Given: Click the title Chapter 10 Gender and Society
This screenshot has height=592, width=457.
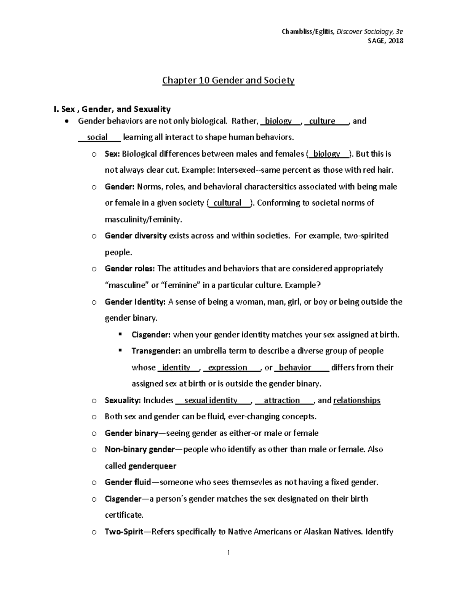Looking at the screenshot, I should [x=228, y=80].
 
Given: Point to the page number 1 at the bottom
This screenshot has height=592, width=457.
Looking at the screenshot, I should [x=228, y=552].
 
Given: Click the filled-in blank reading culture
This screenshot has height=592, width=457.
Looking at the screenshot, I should [x=322, y=121].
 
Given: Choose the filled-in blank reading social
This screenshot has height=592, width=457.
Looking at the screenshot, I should [x=97, y=137].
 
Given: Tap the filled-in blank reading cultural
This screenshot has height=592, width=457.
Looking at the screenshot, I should [x=227, y=203].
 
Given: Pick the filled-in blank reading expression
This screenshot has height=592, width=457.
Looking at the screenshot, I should [x=228, y=367].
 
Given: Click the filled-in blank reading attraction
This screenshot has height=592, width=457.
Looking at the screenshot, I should [x=282, y=400].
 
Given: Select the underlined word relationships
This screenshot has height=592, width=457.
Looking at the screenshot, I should [x=357, y=400].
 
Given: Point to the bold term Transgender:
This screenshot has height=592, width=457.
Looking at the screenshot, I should [x=156, y=351].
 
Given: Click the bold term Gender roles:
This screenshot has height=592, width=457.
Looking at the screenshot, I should [x=130, y=268].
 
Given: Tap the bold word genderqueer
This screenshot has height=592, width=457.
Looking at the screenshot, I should [x=152, y=466].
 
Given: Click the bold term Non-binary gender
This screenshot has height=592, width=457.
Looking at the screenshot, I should [x=139, y=449].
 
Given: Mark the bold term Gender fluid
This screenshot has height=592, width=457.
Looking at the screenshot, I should [x=128, y=482].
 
